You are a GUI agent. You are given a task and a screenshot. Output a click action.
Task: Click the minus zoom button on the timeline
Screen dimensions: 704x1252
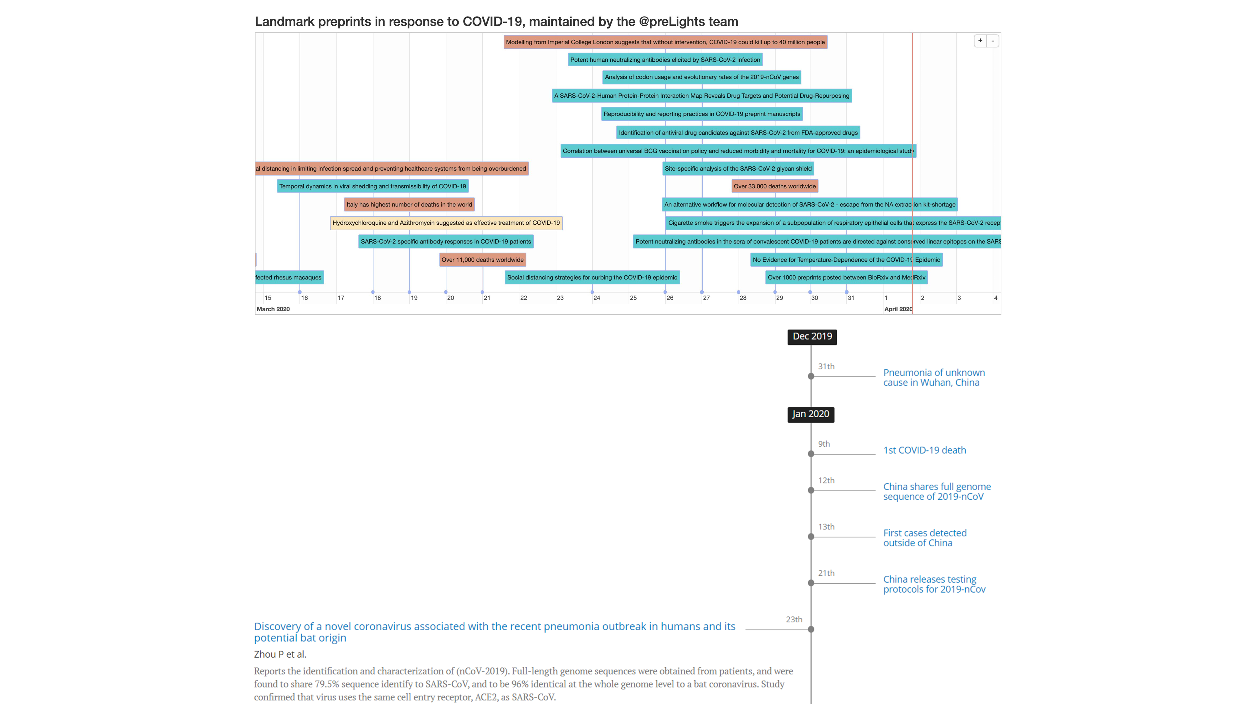tap(993, 41)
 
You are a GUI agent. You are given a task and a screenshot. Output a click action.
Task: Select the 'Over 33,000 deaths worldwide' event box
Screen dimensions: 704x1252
tap(774, 186)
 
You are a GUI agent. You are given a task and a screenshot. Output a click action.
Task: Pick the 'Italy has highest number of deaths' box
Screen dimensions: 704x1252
tap(409, 205)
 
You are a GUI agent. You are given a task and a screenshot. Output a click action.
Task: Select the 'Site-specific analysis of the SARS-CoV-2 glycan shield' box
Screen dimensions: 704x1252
tap(738, 169)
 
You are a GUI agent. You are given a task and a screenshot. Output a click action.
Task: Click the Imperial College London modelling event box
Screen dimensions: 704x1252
tap(665, 42)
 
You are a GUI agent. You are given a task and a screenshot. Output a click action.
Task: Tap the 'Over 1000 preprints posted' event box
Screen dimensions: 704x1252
tap(846, 278)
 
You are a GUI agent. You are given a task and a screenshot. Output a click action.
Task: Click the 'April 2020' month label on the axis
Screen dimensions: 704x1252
tap(898, 309)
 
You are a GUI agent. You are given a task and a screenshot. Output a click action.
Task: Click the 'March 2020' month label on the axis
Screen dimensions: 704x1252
tap(273, 309)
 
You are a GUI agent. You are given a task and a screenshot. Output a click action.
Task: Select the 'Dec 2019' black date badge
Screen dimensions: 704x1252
tap(812, 337)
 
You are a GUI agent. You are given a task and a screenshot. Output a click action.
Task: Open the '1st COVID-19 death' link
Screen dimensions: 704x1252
tap(924, 450)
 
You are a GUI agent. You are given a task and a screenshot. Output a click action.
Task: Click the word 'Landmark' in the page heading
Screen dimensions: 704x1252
tap(284, 22)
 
